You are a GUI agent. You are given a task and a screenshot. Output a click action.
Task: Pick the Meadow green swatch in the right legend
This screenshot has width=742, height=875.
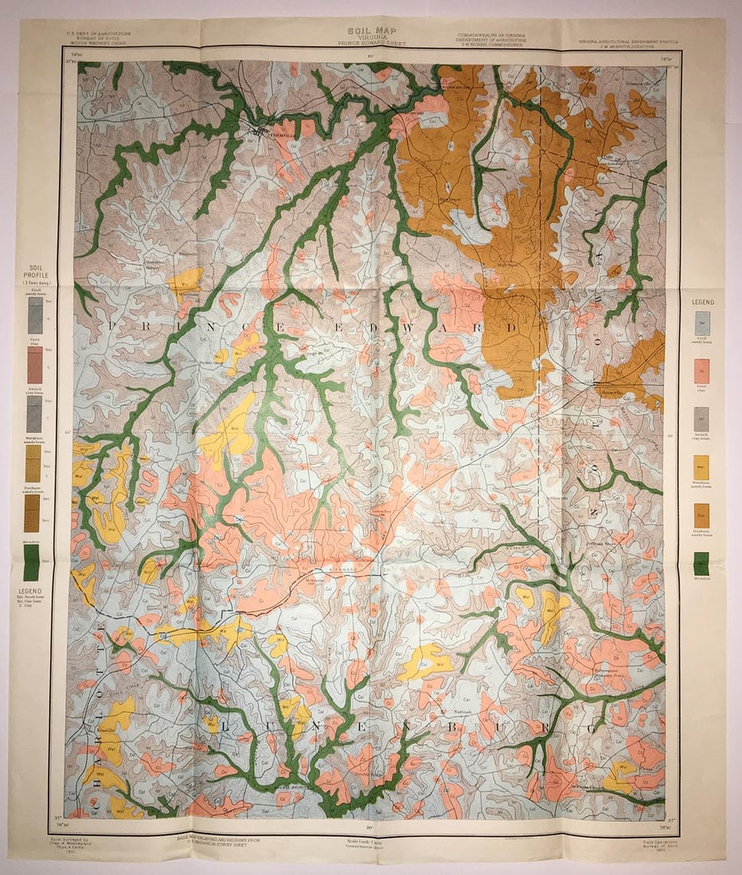[x=701, y=563]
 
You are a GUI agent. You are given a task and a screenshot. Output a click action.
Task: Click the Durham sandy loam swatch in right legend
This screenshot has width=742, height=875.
[x=701, y=515]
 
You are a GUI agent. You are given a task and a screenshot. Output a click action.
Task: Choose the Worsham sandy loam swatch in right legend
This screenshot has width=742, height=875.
[x=701, y=467]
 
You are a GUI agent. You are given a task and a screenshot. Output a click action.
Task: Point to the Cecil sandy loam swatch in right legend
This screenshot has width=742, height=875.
[x=701, y=322]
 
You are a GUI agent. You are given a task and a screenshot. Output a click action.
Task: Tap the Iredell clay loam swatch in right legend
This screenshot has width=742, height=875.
[x=701, y=418]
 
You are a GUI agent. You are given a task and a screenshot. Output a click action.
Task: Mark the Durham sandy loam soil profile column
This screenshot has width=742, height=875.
[x=34, y=513]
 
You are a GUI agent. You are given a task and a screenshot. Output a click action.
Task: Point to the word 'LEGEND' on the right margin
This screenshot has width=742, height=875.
[x=702, y=302]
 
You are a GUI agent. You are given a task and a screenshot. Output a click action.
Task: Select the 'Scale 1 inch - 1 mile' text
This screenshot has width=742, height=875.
[x=371, y=842]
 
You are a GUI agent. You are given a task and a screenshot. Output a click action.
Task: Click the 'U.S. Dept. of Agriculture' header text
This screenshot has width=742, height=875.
[x=99, y=34]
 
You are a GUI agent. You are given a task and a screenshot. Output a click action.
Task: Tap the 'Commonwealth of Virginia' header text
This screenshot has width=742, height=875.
[x=497, y=35]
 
